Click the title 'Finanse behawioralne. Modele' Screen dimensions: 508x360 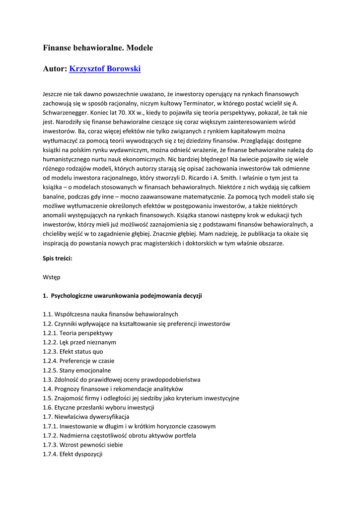[x=98, y=48]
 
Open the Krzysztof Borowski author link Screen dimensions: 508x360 [x=105, y=69]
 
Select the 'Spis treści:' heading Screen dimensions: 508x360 [x=58, y=258]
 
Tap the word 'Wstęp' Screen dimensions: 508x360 [x=52, y=277]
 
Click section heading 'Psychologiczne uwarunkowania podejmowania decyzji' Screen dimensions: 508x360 [x=126, y=296]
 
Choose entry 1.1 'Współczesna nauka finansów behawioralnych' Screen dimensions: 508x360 [x=110, y=315]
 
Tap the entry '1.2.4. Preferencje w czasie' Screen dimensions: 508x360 [x=78, y=361]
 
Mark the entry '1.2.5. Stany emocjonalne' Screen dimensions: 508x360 [x=77, y=370]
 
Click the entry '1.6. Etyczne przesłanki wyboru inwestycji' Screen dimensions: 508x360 [x=98, y=407]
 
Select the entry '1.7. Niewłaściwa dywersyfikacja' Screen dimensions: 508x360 [x=86, y=417]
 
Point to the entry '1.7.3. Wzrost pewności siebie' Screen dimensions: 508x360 [x=82, y=444]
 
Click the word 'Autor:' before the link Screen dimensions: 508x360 [x=55, y=69]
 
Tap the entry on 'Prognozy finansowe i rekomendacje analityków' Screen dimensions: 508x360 [x=113, y=389]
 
